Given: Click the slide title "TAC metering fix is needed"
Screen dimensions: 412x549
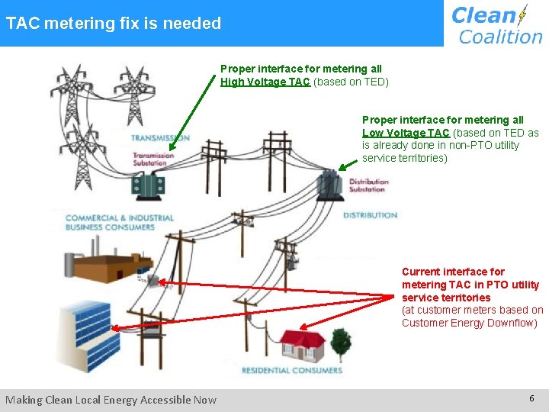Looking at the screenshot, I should [114, 24].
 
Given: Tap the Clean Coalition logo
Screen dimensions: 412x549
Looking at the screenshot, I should [496, 24].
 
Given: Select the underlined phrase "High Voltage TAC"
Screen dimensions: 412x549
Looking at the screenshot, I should [265, 82].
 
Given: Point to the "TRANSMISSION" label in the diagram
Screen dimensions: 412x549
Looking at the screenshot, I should [160, 138].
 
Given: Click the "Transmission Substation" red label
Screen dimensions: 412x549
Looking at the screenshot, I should [153, 159].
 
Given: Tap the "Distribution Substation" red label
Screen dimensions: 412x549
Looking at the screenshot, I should [368, 185].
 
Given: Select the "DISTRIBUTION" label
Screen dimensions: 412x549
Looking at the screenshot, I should [371, 215].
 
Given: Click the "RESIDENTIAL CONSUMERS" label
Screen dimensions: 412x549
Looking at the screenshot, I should [291, 371].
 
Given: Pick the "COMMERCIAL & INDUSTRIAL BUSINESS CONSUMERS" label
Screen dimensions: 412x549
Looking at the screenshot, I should [120, 222].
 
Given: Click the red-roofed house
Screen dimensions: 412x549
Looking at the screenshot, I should [302, 346].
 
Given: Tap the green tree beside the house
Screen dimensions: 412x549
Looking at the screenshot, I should [338, 344].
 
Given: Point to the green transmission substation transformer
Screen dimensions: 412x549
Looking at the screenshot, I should [149, 184].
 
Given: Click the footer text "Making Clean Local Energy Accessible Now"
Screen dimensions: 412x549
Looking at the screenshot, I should [111, 399].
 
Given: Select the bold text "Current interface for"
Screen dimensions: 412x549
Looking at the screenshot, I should [453, 272].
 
